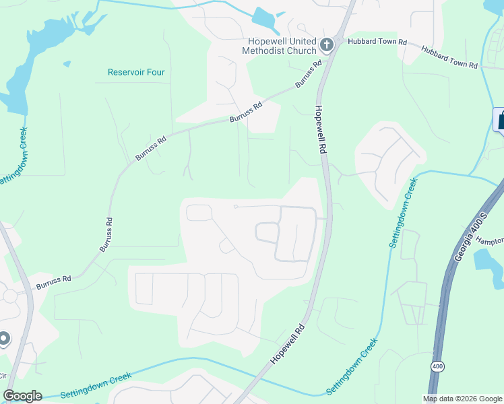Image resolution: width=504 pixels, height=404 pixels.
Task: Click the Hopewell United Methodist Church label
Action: click(279, 46)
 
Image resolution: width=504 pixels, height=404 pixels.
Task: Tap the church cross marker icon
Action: click(327, 45)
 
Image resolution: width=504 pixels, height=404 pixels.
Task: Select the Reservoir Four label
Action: click(136, 72)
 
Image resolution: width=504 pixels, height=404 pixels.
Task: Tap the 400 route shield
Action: click(437, 366)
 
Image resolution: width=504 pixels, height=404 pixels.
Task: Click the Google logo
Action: click(22, 396)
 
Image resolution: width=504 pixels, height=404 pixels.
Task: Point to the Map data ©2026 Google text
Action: click(462, 399)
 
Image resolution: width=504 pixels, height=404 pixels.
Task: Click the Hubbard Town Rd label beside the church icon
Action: click(377, 42)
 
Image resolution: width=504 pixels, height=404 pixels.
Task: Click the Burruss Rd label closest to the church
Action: click(308, 77)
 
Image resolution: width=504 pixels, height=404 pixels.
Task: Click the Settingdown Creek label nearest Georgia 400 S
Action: click(402, 213)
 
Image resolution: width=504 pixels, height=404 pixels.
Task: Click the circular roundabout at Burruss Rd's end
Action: click(10, 296)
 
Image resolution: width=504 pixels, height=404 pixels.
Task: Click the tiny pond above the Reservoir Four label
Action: click(67, 64)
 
